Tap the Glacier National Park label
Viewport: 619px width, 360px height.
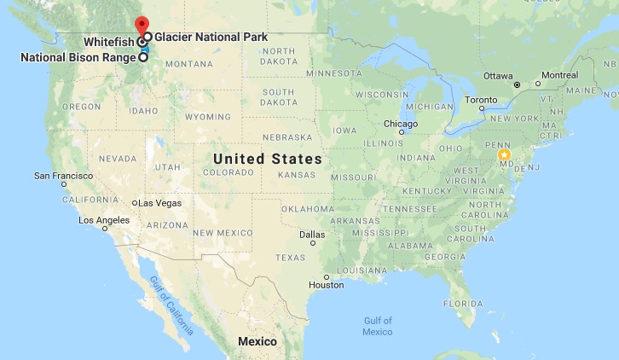pos(211,38)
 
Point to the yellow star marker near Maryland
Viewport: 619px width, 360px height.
pos(504,155)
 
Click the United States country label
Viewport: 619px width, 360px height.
pos(267,159)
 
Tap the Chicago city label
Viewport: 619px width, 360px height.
pos(400,124)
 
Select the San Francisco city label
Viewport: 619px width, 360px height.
pos(62,175)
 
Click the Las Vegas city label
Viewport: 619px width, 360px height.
pos(161,203)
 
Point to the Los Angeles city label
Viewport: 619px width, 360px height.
pos(103,220)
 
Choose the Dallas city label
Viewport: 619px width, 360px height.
pos(311,234)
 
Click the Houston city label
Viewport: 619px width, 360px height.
pos(326,284)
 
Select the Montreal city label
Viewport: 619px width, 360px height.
pos(559,75)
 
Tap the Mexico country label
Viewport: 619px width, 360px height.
pos(257,341)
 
